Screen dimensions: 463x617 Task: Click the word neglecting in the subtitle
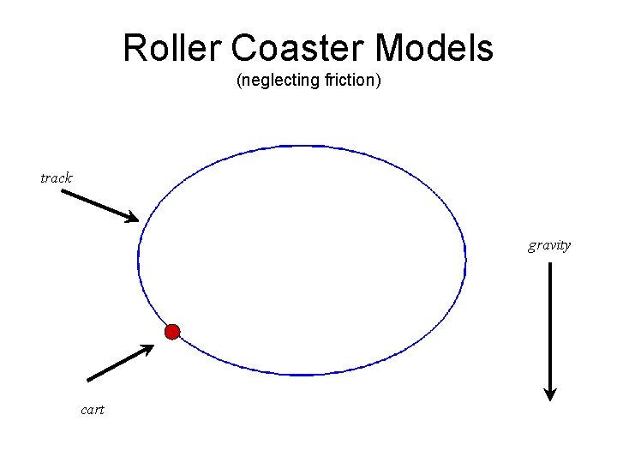[x=279, y=82]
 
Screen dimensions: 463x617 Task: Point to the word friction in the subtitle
[x=347, y=82]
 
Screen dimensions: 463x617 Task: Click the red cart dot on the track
[x=172, y=332]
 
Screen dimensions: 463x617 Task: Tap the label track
[x=57, y=178]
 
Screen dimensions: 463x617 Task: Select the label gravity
[x=549, y=245]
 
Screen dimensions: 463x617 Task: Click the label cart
[x=92, y=410]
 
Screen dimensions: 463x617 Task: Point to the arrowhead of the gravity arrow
[x=550, y=395]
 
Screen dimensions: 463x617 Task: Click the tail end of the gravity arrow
[x=550, y=264]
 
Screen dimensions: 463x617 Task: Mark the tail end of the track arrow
[x=63, y=190]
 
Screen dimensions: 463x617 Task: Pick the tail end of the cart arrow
[x=89, y=380]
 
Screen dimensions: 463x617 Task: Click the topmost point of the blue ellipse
[x=302, y=146]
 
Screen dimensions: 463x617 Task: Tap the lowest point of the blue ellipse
[x=302, y=375]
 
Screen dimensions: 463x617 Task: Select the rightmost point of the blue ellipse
[x=465, y=260]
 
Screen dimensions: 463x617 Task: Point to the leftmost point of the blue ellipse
[x=138, y=260]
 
